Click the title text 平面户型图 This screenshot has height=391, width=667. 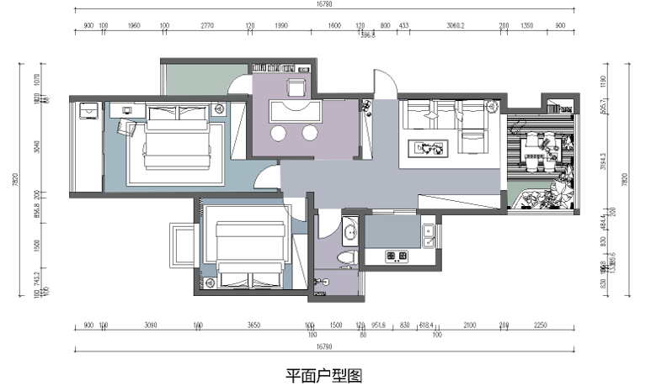323,375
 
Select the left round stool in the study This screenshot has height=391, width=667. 278,133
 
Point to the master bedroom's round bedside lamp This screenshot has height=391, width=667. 218,108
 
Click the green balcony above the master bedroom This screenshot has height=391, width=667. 195,79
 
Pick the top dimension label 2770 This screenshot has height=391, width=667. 207,26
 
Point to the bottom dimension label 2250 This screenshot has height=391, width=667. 541,325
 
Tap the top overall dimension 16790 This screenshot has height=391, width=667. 323,4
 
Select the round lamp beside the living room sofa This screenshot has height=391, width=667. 491,107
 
